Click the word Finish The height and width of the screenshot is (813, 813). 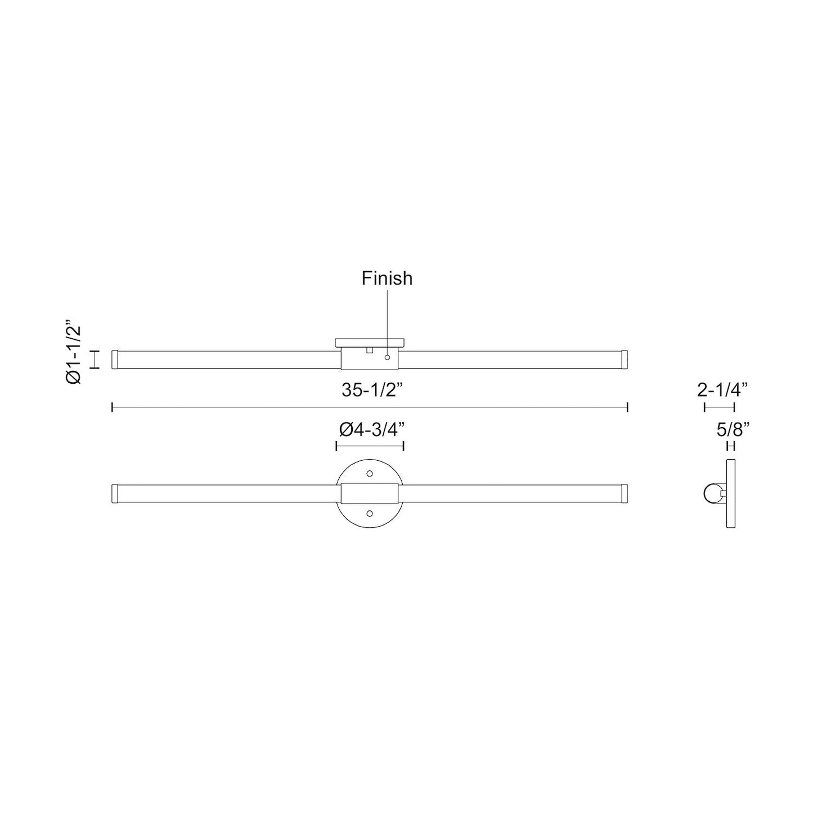pyautogui.click(x=387, y=279)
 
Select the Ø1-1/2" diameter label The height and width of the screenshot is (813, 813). pyautogui.click(x=74, y=353)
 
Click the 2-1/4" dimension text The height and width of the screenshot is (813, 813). pyautogui.click(x=722, y=390)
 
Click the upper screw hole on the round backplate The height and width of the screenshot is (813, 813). pyautogui.click(x=370, y=474)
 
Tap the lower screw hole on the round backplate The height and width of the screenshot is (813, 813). pyautogui.click(x=370, y=513)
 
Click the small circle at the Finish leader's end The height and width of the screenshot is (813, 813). pyautogui.click(x=387, y=357)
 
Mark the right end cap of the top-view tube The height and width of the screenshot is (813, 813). pyautogui.click(x=625, y=360)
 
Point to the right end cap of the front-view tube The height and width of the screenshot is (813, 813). pyautogui.click(x=625, y=493)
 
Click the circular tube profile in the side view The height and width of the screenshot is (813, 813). pyautogui.click(x=712, y=493)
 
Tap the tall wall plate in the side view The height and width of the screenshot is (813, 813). pyautogui.click(x=731, y=493)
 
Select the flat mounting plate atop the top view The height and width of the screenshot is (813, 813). pyautogui.click(x=370, y=342)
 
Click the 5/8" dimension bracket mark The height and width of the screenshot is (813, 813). pyautogui.click(x=731, y=447)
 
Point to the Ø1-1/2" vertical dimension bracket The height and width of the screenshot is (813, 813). pyautogui.click(x=96, y=360)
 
